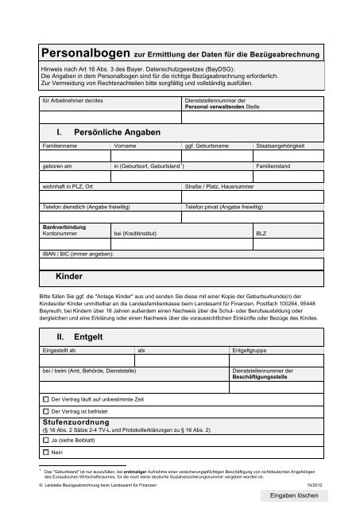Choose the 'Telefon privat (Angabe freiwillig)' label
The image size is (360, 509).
[223, 206]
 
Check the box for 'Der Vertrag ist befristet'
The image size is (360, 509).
[45, 410]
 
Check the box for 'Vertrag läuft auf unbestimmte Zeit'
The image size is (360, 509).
[45, 396]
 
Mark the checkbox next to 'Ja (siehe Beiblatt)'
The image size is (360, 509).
[45, 439]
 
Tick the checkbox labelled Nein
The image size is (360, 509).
[45, 453]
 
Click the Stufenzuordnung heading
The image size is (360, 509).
[77, 422]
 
